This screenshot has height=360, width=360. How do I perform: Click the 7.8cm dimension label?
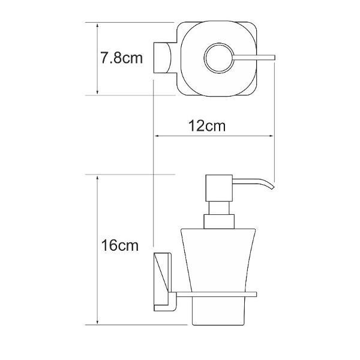(121, 58)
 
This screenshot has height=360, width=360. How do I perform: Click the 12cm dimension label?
(207, 126)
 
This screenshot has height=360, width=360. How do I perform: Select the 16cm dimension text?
(120, 245)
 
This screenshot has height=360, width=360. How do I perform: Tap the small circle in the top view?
(219, 58)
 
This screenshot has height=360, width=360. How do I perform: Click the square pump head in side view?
(219, 188)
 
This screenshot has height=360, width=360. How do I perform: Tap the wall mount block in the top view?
(163, 58)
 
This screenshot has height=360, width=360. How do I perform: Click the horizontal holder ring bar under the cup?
(216, 295)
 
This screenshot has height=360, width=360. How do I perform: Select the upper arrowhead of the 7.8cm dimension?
(97, 26)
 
